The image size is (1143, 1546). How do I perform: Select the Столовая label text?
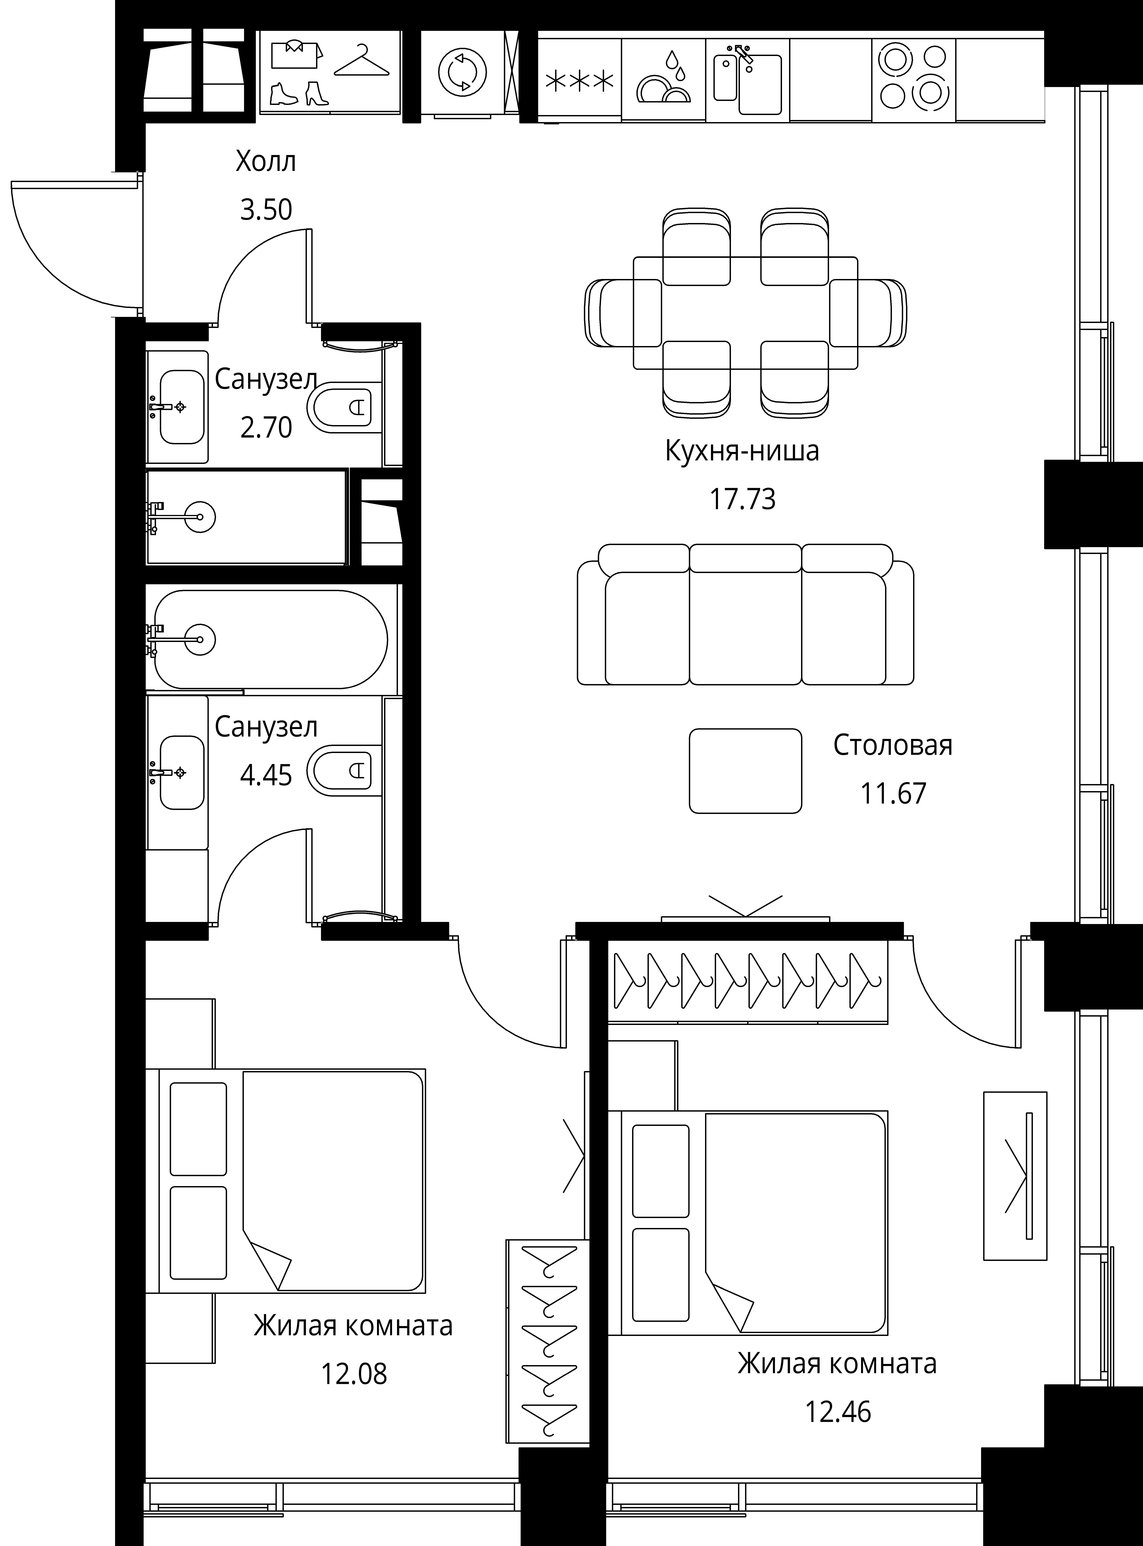point(892,745)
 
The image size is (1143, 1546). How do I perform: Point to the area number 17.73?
point(742,499)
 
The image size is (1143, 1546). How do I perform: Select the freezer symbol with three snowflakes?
point(580,82)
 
